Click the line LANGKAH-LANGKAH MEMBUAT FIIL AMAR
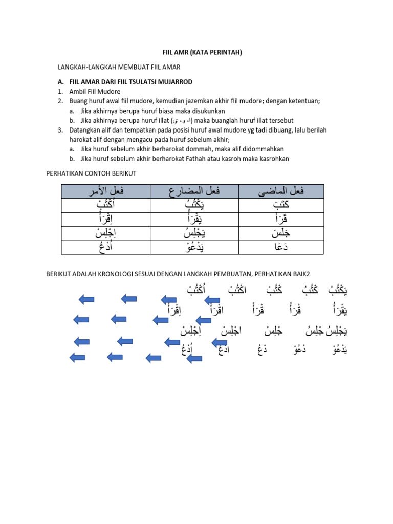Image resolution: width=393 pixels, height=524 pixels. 118,67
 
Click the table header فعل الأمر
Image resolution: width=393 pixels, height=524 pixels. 105,192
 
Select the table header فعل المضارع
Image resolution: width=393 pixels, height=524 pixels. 193,192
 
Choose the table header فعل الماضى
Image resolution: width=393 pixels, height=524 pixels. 281,192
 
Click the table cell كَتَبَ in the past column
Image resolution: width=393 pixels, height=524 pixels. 281,206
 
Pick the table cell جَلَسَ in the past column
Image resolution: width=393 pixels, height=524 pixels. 281,233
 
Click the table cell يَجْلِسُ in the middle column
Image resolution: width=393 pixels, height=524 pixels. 193,233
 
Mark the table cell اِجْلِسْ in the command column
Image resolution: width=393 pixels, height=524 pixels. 105,233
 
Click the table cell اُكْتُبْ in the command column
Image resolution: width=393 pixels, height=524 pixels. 105,206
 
